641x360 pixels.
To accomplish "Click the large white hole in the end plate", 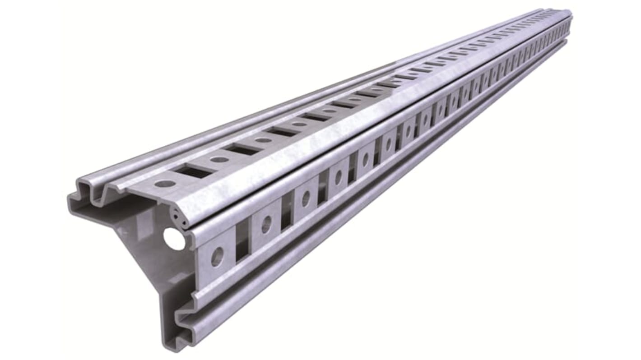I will coord(174,239).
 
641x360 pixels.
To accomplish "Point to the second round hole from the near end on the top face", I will coord(219,159).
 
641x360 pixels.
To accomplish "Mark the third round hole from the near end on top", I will coord(264,140).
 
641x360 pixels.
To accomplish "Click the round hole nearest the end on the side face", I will coord(217,257).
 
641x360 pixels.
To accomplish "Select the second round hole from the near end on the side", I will coord(266,224).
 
